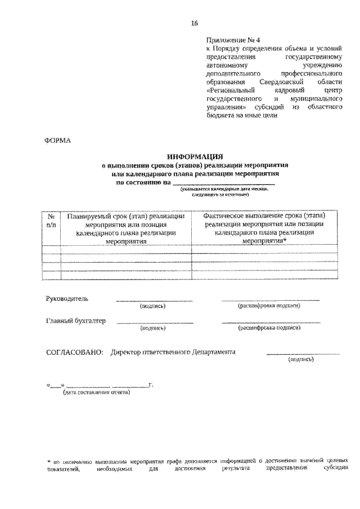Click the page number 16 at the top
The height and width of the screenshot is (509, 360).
[x=194, y=23]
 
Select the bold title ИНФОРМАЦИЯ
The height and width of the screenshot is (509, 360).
[x=195, y=157]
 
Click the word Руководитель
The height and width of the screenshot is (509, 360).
[x=66, y=298]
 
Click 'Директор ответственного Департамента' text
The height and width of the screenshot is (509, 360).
[x=173, y=352]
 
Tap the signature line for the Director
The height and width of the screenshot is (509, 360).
[x=303, y=354]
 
